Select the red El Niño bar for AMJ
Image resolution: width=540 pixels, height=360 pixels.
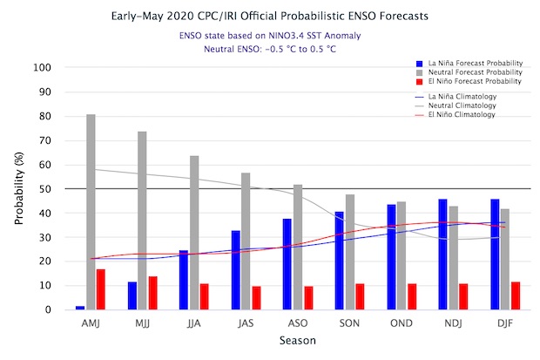(x=101, y=289)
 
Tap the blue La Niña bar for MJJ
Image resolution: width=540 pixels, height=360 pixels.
(x=132, y=295)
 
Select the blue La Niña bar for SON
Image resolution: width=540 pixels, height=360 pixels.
(x=340, y=261)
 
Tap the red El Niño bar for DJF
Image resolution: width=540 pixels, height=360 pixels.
(x=516, y=295)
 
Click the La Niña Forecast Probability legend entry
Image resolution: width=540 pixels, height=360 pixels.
(x=469, y=64)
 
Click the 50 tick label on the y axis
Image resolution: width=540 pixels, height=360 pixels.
(x=48, y=188)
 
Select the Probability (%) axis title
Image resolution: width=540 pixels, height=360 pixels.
(x=20, y=188)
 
